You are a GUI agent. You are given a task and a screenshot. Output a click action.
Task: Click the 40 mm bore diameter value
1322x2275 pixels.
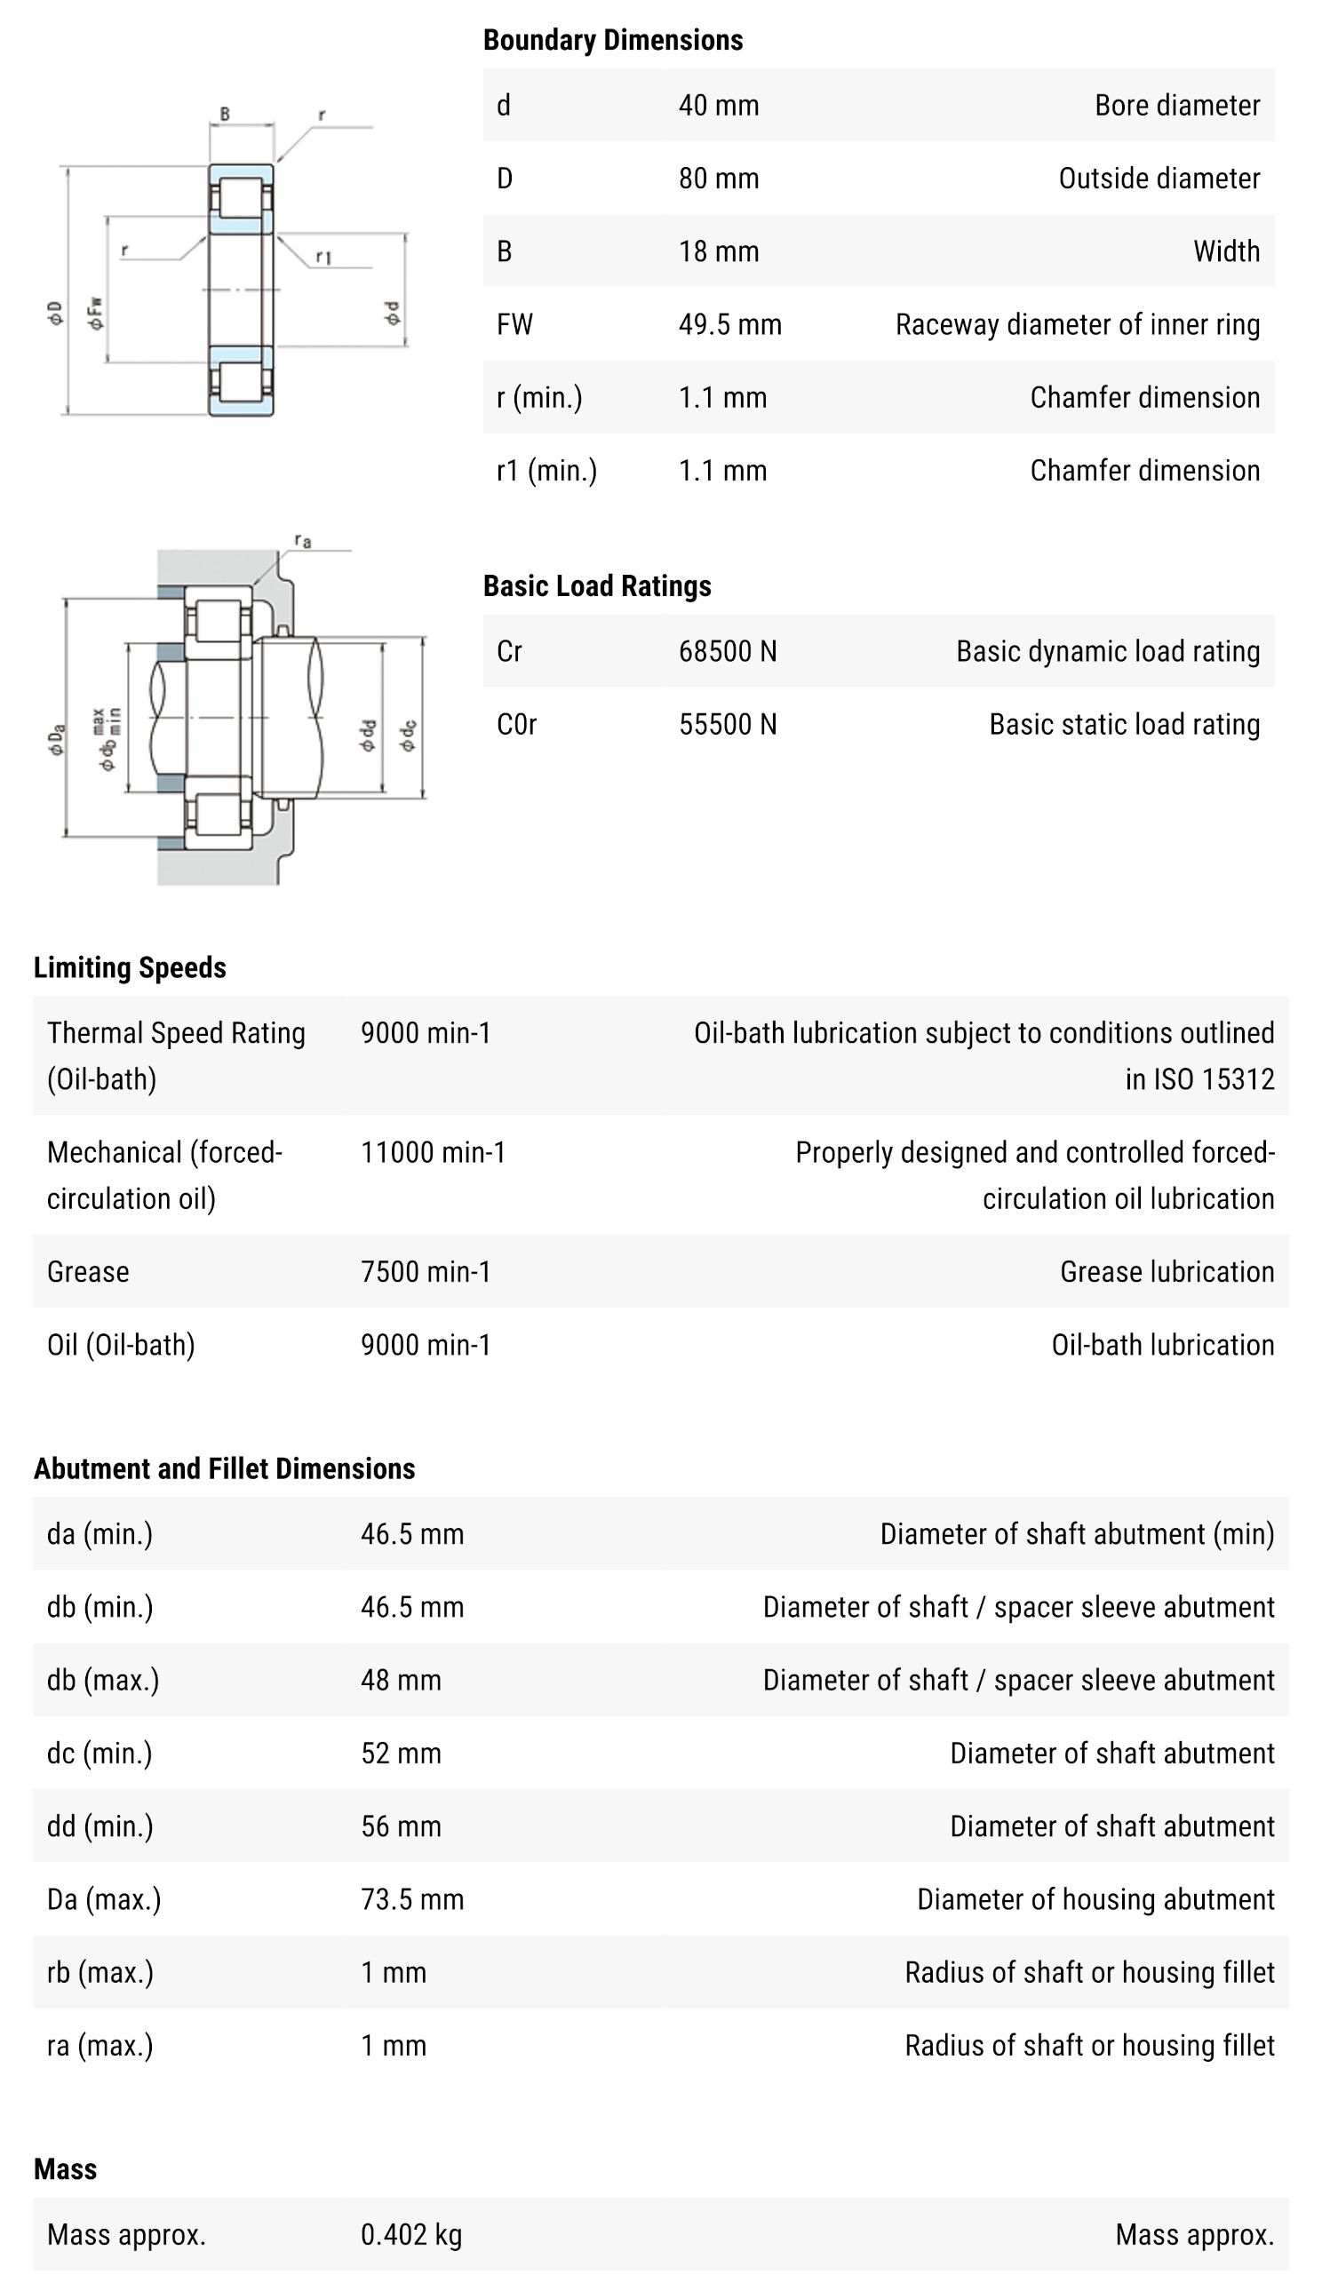(718, 106)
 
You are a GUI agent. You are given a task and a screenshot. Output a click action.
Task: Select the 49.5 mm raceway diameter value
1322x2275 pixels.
(729, 325)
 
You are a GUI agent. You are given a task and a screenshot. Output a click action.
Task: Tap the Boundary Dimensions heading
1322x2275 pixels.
(612, 41)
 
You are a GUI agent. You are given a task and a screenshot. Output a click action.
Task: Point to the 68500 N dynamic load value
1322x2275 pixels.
(727, 652)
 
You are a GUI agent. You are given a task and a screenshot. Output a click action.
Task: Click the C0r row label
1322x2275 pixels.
(516, 725)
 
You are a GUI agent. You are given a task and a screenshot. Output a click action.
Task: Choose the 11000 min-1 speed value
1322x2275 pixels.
(433, 1153)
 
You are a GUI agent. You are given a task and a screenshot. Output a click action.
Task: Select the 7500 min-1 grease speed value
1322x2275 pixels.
(426, 1272)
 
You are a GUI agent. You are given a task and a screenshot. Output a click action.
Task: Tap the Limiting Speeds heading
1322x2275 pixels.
(130, 967)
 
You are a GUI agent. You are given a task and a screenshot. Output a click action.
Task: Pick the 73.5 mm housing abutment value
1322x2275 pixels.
(411, 1899)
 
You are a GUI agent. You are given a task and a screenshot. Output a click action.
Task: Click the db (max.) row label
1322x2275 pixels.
(103, 1680)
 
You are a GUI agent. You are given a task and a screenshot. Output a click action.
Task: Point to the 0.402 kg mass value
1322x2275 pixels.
(410, 2234)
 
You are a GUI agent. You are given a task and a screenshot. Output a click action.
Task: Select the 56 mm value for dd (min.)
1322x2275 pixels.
(401, 1826)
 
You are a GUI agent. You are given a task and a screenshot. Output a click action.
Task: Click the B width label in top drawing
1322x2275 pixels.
(225, 115)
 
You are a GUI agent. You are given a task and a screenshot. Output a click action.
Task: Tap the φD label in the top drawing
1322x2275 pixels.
(56, 314)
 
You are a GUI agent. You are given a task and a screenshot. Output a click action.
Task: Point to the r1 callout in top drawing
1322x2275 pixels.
(323, 259)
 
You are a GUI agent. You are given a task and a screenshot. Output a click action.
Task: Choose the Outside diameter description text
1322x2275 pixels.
(1159, 179)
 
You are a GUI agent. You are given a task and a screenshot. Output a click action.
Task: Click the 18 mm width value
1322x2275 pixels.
(718, 252)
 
